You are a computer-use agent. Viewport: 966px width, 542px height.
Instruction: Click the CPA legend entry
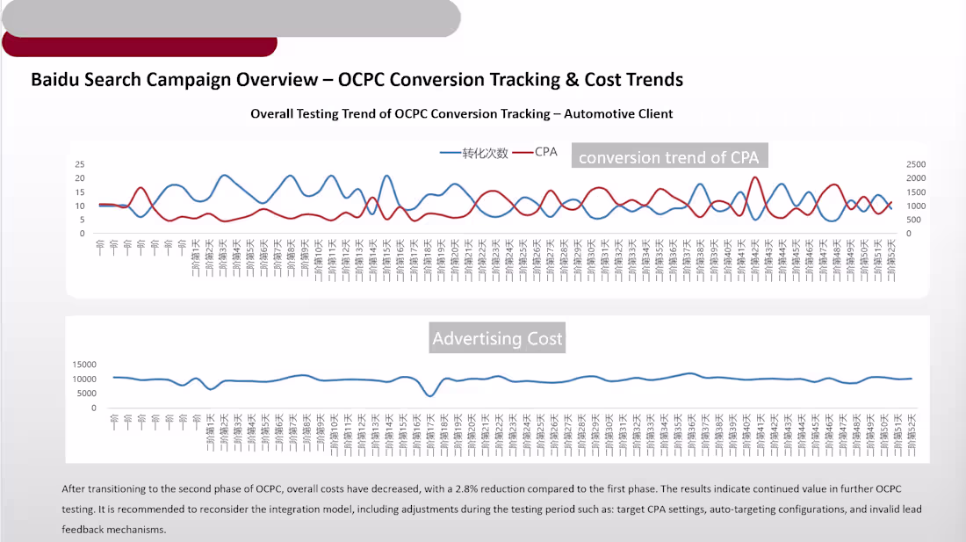click(545, 152)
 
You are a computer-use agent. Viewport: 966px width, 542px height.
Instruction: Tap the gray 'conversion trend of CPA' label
click(668, 157)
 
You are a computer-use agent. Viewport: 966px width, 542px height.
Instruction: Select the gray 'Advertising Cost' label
click(497, 338)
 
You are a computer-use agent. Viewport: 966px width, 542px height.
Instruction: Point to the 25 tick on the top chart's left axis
click(79, 164)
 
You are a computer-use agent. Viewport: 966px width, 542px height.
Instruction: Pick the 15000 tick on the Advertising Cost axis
click(84, 365)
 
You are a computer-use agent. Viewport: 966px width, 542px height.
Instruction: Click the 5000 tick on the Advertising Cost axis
click(87, 394)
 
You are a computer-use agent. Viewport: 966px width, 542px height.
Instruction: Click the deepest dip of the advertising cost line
click(429, 395)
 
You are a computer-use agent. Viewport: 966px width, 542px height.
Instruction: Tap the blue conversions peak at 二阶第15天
click(386, 177)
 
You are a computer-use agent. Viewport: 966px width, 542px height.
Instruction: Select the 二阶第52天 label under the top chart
click(890, 260)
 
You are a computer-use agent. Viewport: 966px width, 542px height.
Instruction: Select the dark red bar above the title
click(140, 45)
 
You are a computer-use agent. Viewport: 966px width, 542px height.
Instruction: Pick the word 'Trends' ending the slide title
click(654, 80)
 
